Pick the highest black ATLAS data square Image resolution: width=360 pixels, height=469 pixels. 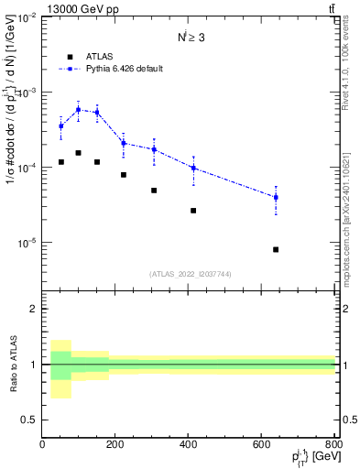pyautogui.click(x=79, y=153)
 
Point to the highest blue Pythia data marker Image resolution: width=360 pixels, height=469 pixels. pyautogui.click(x=79, y=110)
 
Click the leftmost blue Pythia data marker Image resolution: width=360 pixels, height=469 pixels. pyautogui.click(x=61, y=126)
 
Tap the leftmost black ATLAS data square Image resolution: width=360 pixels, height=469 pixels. pyautogui.click(x=61, y=162)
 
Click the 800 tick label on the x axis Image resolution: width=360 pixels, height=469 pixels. pyautogui.click(x=334, y=444)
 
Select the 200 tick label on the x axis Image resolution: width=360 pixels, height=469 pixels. pyautogui.click(x=115, y=444)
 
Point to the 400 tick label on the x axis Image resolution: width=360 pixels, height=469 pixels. pyautogui.click(x=189, y=444)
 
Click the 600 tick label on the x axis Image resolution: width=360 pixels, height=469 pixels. pyautogui.click(x=262, y=444)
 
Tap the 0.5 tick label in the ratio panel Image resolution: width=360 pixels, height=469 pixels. pyautogui.click(x=29, y=420)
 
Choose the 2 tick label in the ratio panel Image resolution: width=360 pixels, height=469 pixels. pyautogui.click(x=34, y=309)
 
